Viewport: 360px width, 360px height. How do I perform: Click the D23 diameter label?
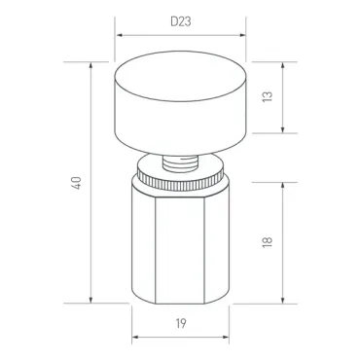(181, 21)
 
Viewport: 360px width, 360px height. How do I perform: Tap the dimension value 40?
(77, 183)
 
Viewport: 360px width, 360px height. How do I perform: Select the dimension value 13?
(268, 96)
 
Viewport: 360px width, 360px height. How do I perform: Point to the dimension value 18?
(268, 242)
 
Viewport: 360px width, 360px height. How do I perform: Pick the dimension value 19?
(181, 323)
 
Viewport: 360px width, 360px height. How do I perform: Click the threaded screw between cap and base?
(180, 163)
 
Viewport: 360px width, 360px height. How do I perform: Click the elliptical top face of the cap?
(180, 76)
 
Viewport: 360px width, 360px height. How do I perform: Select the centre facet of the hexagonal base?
(180, 251)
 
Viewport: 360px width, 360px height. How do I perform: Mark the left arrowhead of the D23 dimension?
(120, 35)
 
